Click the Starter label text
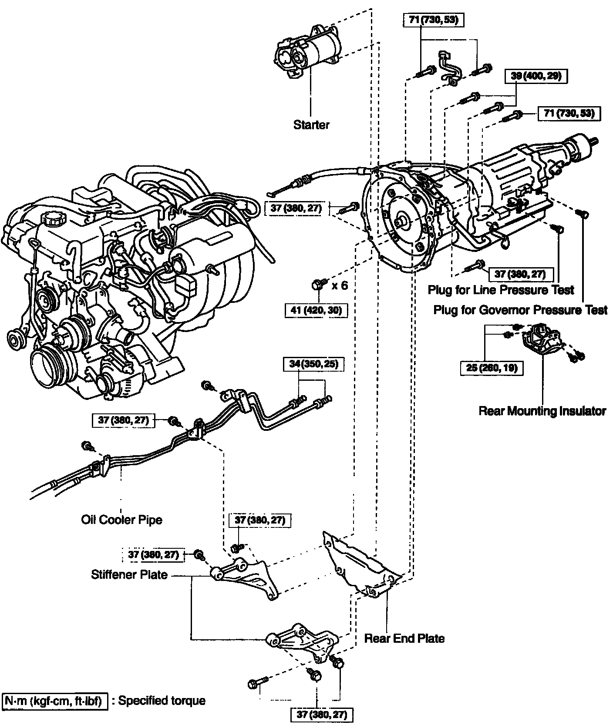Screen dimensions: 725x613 311,125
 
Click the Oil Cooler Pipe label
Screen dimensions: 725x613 121,520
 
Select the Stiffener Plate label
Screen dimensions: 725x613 129,574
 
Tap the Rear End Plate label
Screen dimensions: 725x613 404,638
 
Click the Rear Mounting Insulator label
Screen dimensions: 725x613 542,411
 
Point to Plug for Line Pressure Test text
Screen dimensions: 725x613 501,289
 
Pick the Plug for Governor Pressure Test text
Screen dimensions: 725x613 520,310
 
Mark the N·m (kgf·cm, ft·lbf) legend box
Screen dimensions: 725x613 55,701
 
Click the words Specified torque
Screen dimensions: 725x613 162,701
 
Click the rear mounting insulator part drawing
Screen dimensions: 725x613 542,340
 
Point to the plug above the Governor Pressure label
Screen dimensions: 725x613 583,214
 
